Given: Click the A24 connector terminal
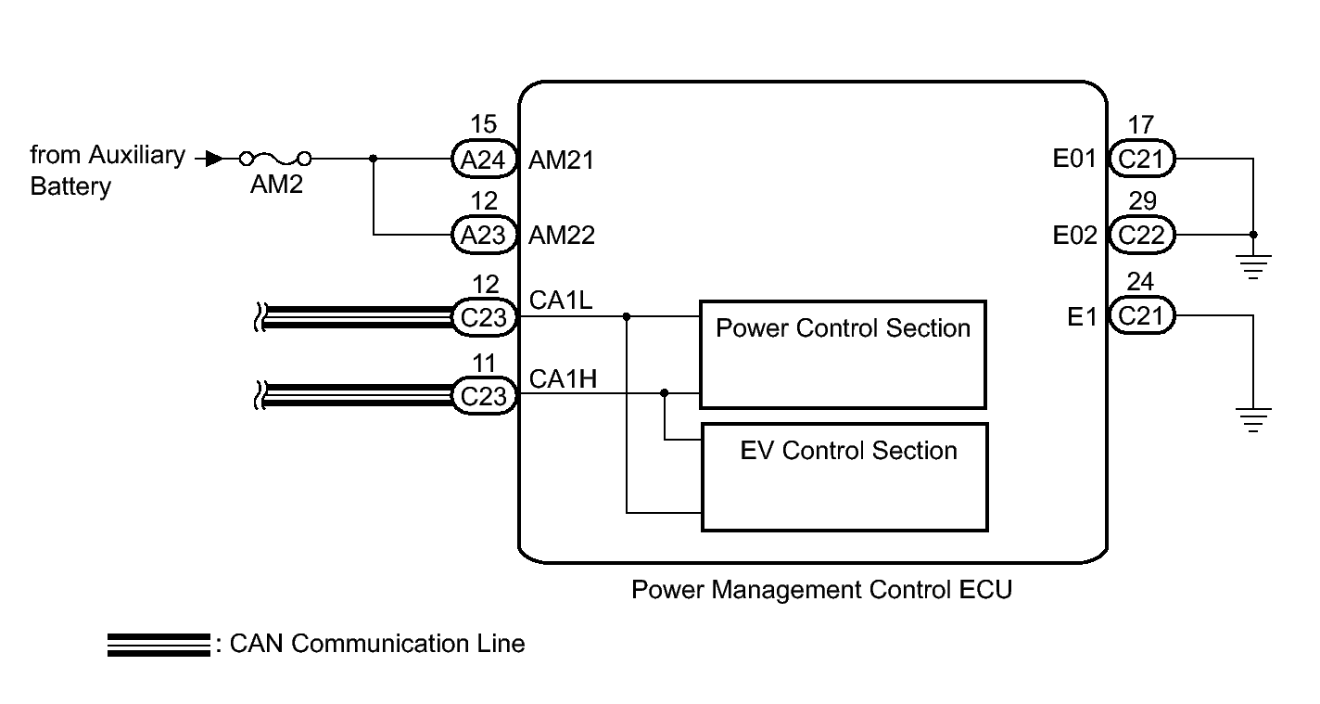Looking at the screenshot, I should click(x=483, y=160).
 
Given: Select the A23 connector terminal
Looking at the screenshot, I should click(x=483, y=235).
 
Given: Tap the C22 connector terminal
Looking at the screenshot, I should click(x=1141, y=235).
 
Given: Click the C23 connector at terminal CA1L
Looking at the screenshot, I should click(x=483, y=317).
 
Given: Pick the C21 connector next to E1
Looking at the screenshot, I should click(x=1141, y=317).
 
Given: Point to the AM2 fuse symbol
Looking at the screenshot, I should click(x=275, y=160).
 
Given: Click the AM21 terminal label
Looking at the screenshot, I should click(x=561, y=160).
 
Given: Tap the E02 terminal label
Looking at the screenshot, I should click(x=1074, y=236).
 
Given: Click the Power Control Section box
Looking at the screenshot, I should click(x=843, y=354).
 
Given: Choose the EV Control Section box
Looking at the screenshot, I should click(x=844, y=477).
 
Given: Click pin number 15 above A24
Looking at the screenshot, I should click(x=483, y=125).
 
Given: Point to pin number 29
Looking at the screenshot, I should click(x=1141, y=201).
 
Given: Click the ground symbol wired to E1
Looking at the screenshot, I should click(x=1253, y=419).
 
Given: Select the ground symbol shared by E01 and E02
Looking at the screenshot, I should click(x=1253, y=266).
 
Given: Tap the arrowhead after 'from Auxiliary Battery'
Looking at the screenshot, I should click(x=213, y=160).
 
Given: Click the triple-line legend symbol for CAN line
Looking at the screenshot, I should click(x=158, y=646).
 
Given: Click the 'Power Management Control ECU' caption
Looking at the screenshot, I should click(x=821, y=590).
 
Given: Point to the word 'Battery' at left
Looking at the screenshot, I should click(x=70, y=186).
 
